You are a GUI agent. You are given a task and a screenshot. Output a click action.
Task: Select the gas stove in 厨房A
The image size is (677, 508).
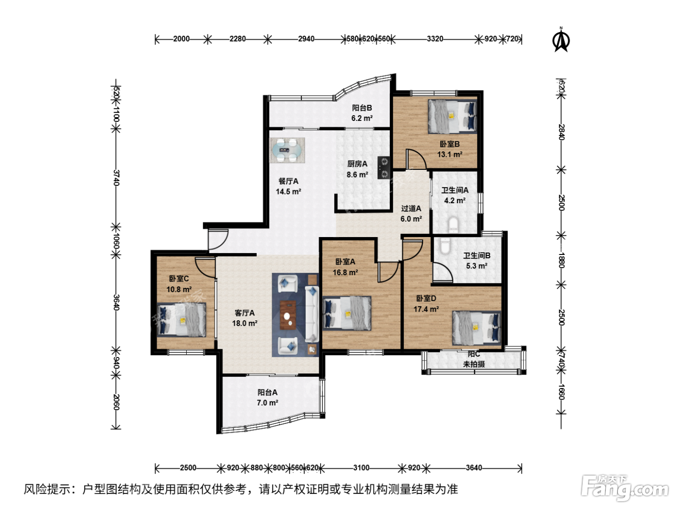(x=384, y=168)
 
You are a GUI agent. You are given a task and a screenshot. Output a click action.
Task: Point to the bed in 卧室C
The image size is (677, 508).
(x=181, y=319)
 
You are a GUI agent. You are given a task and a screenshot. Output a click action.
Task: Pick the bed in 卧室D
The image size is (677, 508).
(x=476, y=328)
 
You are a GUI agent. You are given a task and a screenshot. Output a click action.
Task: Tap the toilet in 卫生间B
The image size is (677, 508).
(x=445, y=246)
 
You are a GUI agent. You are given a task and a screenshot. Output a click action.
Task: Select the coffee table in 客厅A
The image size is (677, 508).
(x=288, y=315)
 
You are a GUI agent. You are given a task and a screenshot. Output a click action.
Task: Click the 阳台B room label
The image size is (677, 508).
(x=362, y=107)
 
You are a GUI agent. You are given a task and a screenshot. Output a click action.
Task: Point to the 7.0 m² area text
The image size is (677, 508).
(x=267, y=403)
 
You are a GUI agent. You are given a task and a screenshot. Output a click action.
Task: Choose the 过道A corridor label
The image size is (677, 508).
(x=411, y=209)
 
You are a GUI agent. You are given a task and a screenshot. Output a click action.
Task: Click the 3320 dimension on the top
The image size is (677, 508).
(x=435, y=39)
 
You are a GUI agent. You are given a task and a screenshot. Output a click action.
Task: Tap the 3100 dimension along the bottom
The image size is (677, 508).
(x=361, y=468)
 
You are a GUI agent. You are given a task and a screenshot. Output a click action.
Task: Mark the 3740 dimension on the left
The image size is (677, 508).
(x=116, y=178)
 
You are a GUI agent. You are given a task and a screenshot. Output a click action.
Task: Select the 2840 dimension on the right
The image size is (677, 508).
(x=561, y=132)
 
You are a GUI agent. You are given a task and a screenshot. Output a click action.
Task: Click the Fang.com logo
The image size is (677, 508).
(x=625, y=488)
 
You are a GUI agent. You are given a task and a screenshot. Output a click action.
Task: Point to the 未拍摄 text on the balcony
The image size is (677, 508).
(x=474, y=364)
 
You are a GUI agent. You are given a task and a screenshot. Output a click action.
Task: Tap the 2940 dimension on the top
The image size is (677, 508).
(x=306, y=39)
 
